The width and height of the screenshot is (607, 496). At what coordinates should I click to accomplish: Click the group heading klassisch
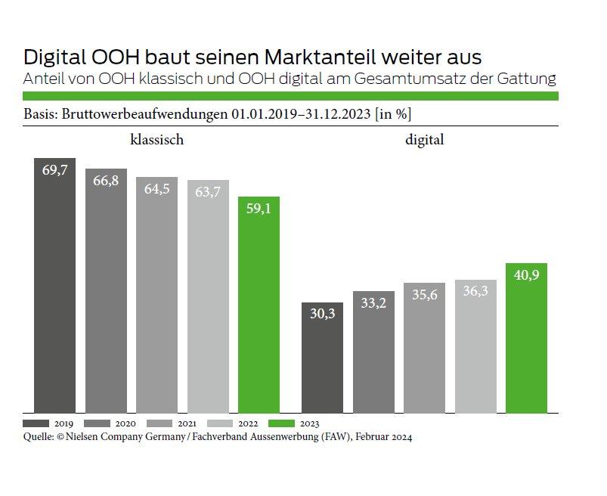click(157, 140)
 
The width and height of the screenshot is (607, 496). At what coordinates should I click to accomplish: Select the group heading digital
click(424, 140)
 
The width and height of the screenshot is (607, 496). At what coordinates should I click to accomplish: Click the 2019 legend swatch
click(36, 423)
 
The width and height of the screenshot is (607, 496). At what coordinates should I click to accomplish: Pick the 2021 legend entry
click(161, 423)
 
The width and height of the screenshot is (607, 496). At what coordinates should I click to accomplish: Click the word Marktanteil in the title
click(304, 57)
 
